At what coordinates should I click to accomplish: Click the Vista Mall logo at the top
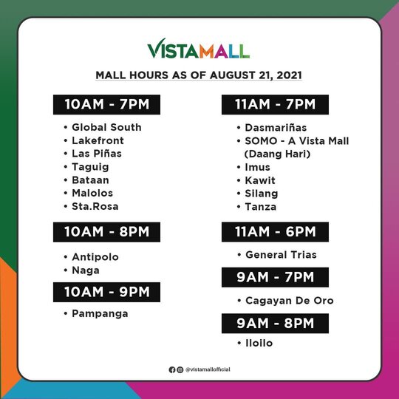[199, 49]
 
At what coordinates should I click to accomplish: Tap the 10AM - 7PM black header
[106, 105]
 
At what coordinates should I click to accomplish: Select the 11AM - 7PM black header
[275, 105]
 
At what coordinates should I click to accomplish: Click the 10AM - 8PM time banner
[106, 232]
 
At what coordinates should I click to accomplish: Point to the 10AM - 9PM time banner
[106, 292]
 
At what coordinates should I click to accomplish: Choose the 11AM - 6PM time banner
[275, 232]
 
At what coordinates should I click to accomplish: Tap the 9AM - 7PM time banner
[275, 277]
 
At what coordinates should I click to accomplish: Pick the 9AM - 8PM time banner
[275, 324]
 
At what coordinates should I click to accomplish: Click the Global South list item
[106, 127]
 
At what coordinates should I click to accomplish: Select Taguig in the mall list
[90, 167]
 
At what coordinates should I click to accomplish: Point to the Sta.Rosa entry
[95, 206]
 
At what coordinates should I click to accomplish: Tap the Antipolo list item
[95, 257]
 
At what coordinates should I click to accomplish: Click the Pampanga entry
[100, 314]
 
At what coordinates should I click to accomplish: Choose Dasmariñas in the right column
[276, 128]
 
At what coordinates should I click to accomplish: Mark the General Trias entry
[282, 255]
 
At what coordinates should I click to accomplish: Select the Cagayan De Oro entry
[290, 301]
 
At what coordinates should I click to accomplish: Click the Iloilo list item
[259, 343]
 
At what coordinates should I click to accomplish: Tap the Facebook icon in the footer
[172, 369]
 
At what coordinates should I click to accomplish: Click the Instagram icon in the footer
[180, 369]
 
